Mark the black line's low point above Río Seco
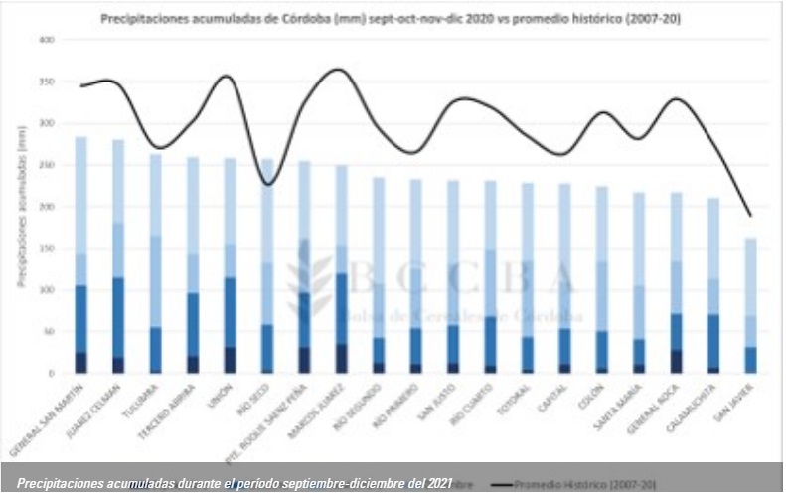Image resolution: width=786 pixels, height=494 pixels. (x=265, y=184)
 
